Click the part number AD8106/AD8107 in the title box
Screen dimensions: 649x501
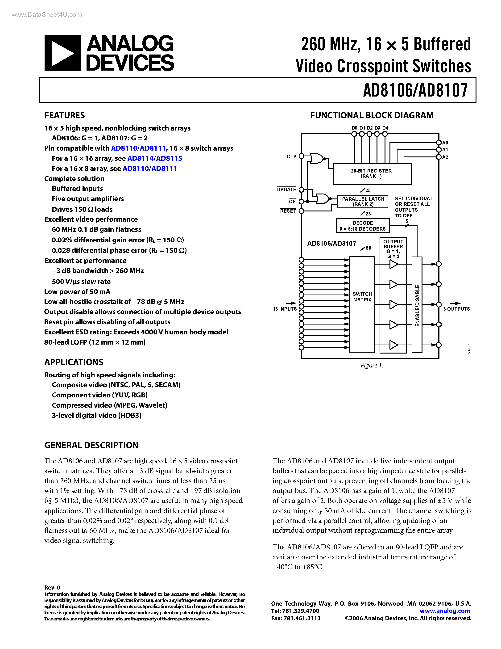click(x=415, y=90)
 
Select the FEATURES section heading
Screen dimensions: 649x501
click(x=64, y=115)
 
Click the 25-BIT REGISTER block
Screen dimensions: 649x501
click(x=372, y=174)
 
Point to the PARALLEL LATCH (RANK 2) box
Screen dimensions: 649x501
click(x=363, y=202)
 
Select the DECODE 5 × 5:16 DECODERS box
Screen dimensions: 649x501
click(x=362, y=226)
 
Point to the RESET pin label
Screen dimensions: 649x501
click(x=288, y=211)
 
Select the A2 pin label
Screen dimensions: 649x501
click(x=445, y=157)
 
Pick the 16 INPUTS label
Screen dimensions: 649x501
click(x=285, y=309)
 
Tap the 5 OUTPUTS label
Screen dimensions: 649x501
click(x=456, y=309)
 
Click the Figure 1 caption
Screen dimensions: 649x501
click(x=372, y=366)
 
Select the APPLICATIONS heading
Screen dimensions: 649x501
click(x=74, y=362)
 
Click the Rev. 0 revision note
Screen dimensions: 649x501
click(x=52, y=587)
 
